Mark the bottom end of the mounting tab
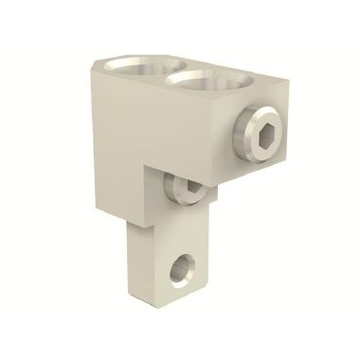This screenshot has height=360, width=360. click(169, 305)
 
